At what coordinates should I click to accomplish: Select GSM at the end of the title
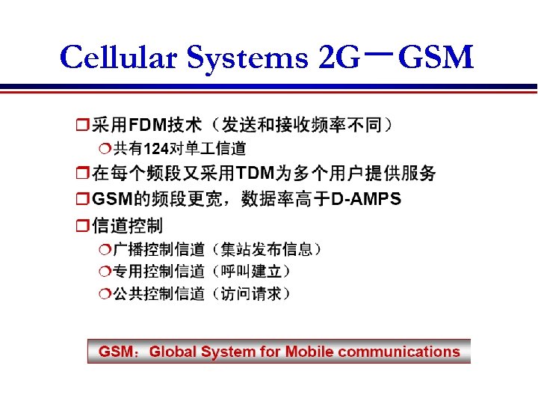436,58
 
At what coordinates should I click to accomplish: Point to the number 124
155,148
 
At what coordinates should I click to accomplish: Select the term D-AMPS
366,199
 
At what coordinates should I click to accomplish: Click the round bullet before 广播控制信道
105,248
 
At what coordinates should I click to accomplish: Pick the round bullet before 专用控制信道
105,271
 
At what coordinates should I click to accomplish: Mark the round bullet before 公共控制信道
105,293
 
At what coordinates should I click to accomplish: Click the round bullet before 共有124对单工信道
105,148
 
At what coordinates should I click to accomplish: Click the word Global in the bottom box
175,352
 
